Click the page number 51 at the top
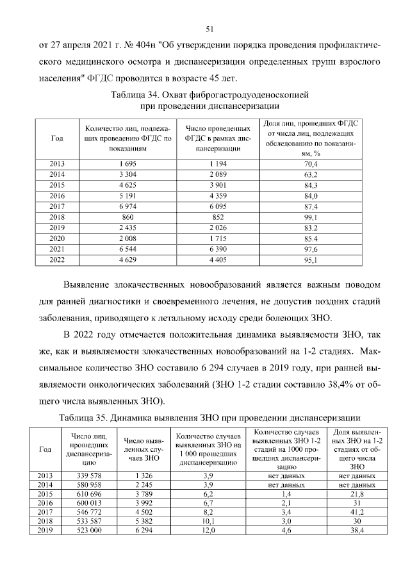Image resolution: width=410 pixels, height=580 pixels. point(209,29)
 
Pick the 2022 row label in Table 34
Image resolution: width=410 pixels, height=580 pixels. point(58,260)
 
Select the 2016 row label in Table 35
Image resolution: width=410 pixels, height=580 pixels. point(45,503)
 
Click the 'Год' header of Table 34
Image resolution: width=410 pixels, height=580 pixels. point(56,138)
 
